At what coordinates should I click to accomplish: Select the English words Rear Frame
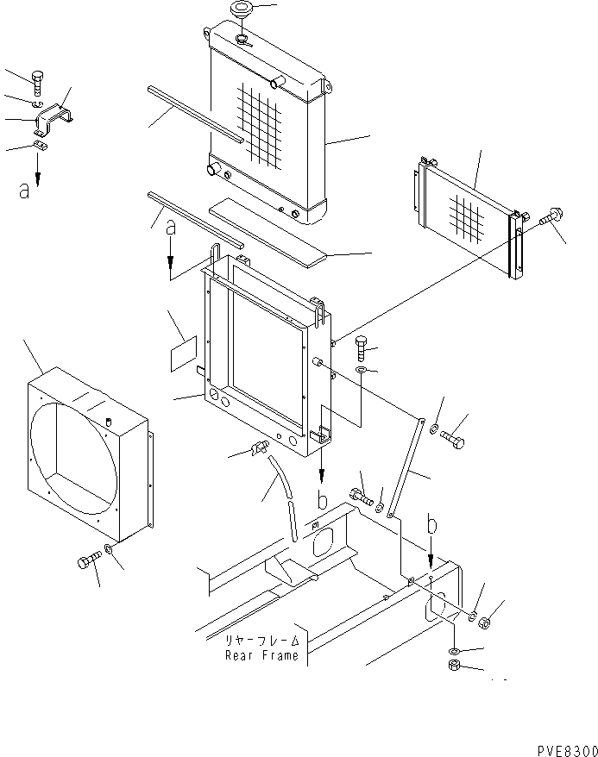click(261, 655)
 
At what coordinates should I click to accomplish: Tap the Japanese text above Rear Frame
click(262, 641)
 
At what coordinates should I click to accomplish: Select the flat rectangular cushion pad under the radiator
click(268, 231)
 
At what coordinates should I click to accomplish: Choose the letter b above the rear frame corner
click(432, 524)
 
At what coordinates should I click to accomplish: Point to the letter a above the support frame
click(171, 228)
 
